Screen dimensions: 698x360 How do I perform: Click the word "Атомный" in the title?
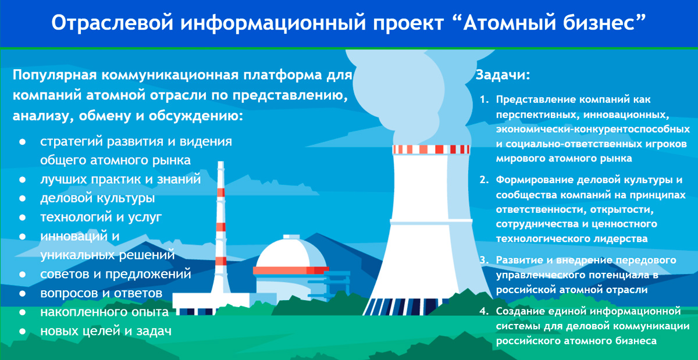[510, 23]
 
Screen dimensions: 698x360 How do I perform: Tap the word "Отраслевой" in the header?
[112, 23]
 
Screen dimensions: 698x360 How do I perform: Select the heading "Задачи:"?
[503, 75]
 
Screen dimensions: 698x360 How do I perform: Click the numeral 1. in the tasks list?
[485, 99]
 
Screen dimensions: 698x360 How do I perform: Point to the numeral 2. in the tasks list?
[484, 180]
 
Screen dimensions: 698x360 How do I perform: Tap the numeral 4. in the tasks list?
[484, 311]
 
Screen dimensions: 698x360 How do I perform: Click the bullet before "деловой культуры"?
[23, 198]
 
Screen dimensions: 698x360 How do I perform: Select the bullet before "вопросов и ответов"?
[23, 294]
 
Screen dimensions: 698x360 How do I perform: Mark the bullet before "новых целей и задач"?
[23, 332]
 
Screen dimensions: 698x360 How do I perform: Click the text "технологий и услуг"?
[101, 218]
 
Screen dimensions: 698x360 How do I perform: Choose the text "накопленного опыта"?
[104, 312]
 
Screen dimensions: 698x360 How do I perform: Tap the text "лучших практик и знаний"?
[120, 180]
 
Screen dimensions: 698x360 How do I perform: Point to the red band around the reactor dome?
[291, 270]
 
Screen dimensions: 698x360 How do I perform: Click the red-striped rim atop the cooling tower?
[431, 149]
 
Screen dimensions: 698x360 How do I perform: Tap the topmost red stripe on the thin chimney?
[221, 193]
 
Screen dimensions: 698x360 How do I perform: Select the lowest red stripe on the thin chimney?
[221, 261]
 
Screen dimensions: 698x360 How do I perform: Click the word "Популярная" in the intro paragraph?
[55, 76]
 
